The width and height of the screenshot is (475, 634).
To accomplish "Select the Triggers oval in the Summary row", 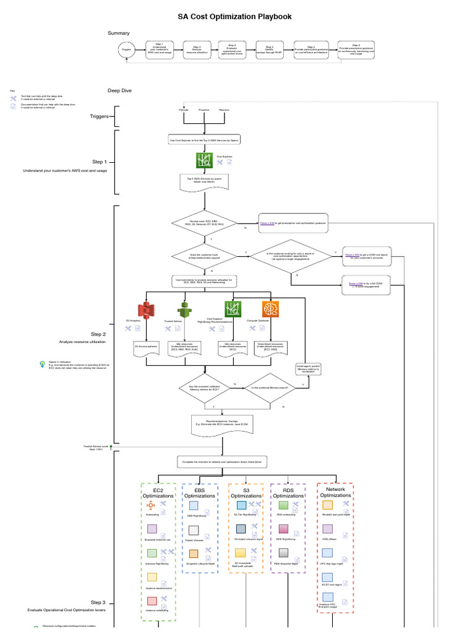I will coord(127,49).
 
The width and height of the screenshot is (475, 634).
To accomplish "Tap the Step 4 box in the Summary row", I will coord(270,50).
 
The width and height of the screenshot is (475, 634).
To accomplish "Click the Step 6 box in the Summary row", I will coord(356,50).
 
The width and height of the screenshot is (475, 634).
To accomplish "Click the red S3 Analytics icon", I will coord(145,311).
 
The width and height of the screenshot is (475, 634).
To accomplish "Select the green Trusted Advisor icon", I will coord(182,310).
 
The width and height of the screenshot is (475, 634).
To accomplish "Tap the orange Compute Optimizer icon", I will coord(271,310).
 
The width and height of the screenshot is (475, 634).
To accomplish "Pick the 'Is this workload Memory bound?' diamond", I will coord(270,388).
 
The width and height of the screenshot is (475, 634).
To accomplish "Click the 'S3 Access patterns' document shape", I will coord(145,347).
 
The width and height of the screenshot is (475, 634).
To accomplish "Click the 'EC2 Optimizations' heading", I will coord(158,493).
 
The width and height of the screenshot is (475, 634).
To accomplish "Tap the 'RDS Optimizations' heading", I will coord(288,493).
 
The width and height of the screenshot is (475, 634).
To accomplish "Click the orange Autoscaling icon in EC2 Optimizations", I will coord(152,506).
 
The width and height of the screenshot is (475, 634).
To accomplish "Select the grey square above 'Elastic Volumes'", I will coord(194,531).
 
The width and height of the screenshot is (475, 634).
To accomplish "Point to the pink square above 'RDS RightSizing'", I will coord(284,529).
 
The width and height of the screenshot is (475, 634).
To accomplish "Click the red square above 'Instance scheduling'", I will coord(152,601).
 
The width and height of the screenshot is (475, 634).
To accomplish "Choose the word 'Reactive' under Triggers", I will coord(224,110).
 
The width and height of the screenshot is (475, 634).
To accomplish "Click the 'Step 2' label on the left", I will coord(98,334).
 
